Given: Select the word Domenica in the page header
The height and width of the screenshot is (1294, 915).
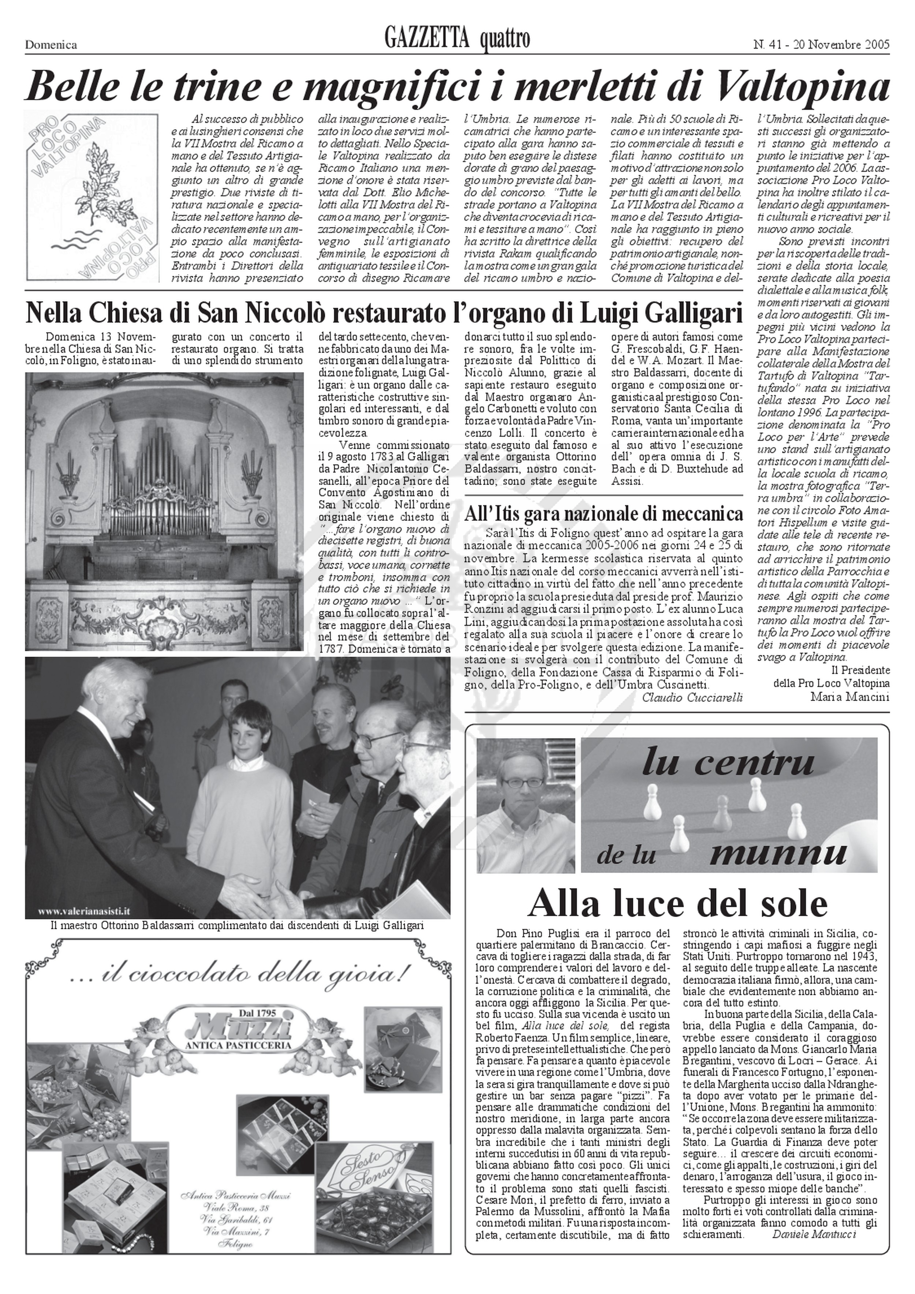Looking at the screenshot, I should pyautogui.click(x=51, y=45).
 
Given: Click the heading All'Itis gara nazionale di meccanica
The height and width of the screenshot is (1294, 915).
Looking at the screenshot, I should pyautogui.click(x=604, y=514).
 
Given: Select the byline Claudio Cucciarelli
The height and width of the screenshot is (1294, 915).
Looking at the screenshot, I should pyautogui.click(x=692, y=697).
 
